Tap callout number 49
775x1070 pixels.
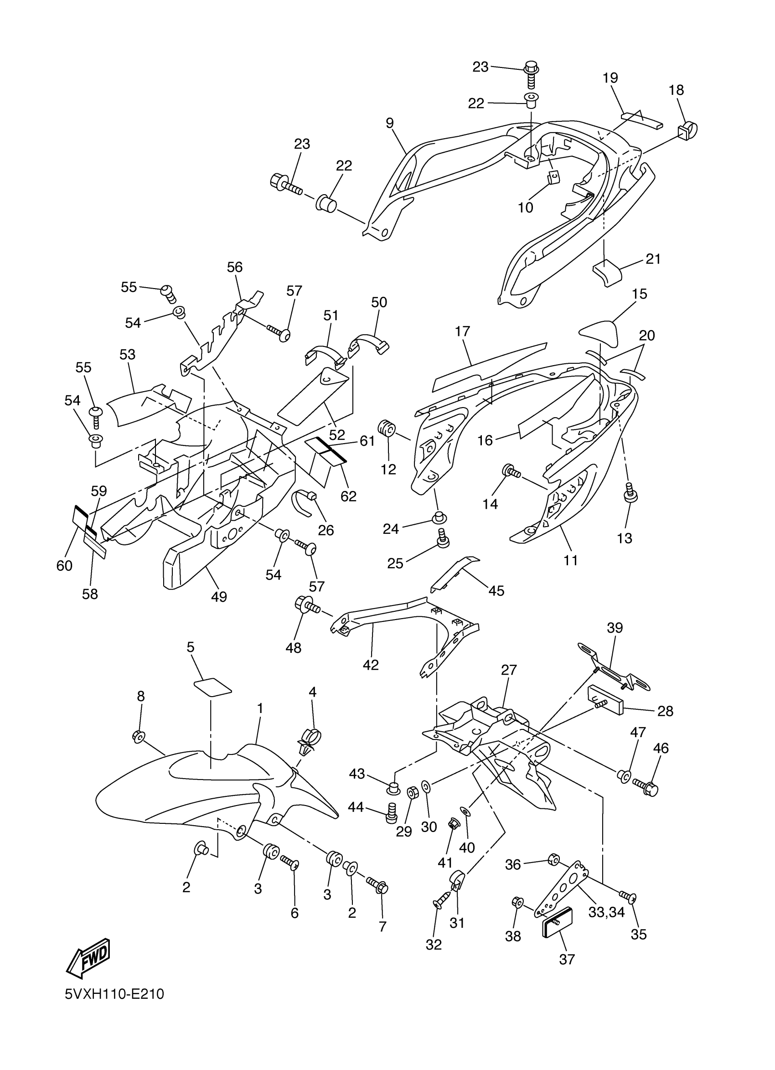pyautogui.click(x=219, y=597)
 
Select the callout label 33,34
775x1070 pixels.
pyautogui.click(x=606, y=912)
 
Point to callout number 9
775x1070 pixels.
pyautogui.click(x=390, y=123)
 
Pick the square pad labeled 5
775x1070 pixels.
pyautogui.click(x=213, y=687)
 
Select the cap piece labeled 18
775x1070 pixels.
pyautogui.click(x=689, y=128)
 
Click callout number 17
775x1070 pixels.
pyautogui.click(x=462, y=331)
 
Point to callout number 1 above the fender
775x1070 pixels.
pyautogui.click(x=260, y=708)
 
